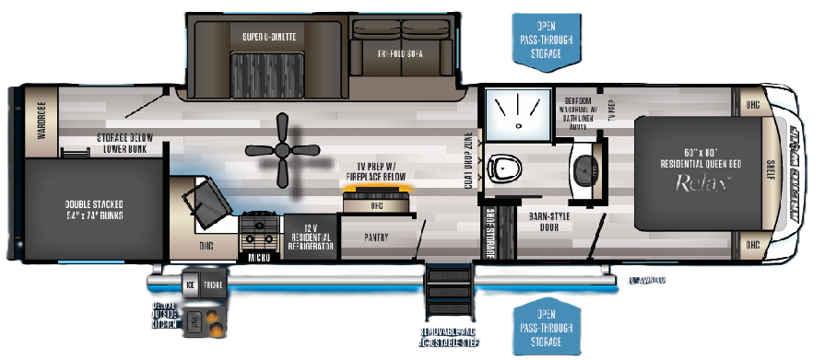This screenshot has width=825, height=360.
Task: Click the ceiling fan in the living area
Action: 285,154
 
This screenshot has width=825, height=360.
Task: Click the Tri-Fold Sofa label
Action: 401,52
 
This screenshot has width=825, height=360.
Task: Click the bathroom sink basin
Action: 587,168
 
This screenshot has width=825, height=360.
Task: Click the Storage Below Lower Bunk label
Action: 124,143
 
